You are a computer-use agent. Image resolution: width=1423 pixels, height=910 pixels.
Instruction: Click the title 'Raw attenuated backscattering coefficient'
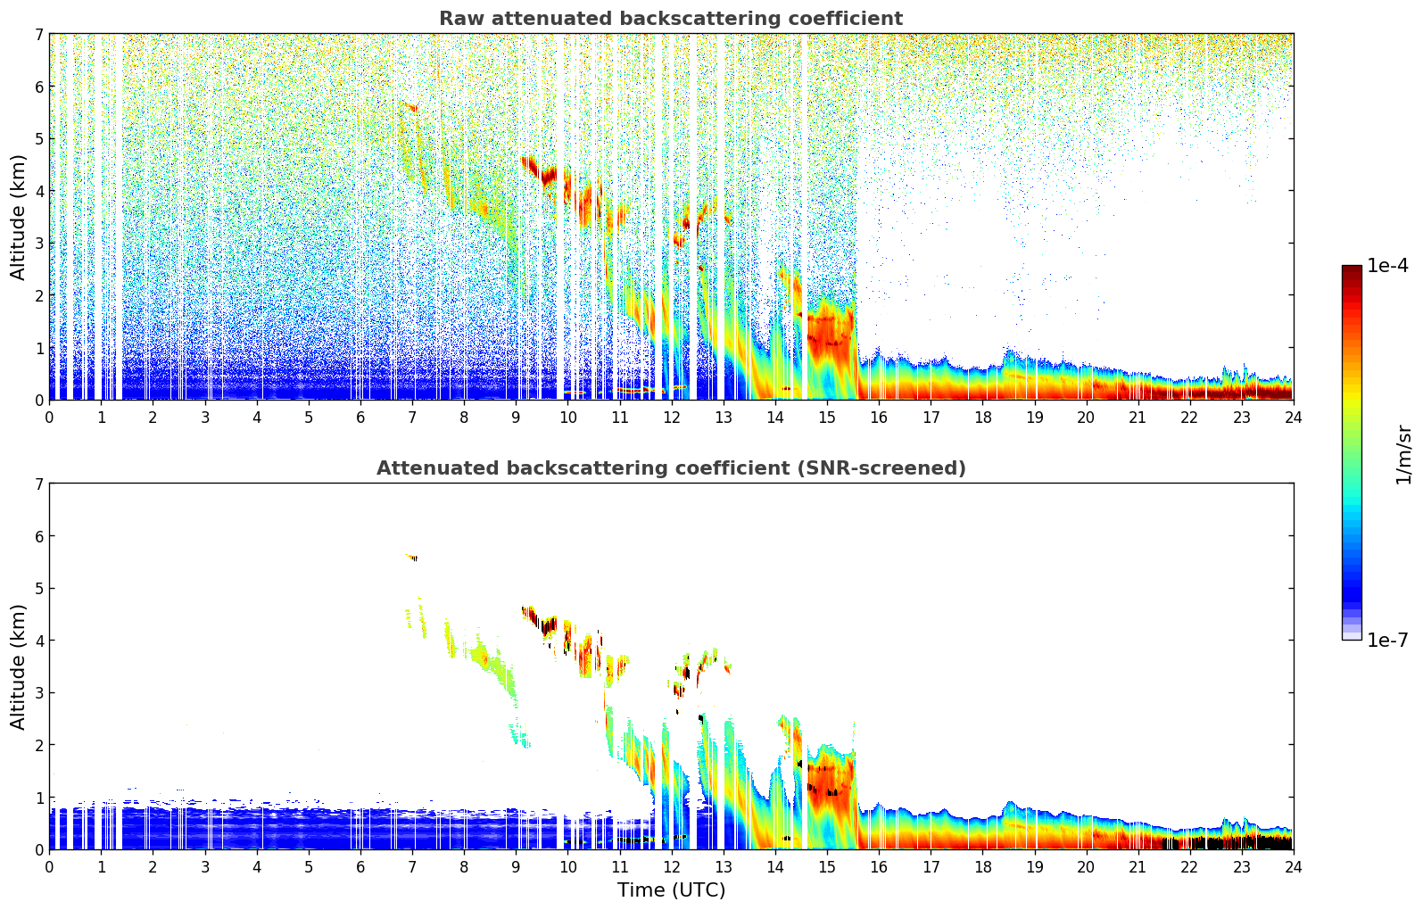click(670, 19)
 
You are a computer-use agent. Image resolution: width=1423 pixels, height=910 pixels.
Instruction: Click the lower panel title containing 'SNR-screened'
click(670, 468)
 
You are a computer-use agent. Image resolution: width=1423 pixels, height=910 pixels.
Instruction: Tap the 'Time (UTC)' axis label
click(671, 890)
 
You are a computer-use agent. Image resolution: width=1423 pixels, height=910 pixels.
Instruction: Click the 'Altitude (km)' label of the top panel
click(19, 217)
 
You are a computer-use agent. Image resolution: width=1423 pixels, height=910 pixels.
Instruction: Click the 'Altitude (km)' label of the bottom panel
click(19, 666)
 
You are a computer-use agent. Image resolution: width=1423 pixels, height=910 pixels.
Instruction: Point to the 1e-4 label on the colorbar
click(1387, 266)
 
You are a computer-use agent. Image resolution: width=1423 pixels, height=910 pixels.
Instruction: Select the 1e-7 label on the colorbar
click(1387, 640)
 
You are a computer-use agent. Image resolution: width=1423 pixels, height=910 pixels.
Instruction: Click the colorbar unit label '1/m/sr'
click(1403, 454)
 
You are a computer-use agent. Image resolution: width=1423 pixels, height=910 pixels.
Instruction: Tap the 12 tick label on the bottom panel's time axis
click(671, 866)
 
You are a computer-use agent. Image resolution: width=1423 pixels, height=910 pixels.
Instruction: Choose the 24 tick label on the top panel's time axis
click(1293, 417)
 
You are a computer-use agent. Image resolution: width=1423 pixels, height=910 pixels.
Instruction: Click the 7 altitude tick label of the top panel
click(38, 34)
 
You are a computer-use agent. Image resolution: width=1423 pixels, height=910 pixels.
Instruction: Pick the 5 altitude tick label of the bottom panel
click(38, 588)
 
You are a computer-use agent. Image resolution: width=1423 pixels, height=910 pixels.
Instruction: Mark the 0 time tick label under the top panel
click(49, 417)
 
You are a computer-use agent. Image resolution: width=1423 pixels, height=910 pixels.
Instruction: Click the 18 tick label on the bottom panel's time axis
click(982, 866)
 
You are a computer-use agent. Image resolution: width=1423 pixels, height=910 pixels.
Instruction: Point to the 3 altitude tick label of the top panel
click(38, 243)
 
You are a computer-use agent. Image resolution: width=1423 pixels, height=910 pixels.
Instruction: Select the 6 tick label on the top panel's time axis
click(360, 417)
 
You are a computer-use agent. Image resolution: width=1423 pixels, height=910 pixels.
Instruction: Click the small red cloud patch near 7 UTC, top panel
click(410, 107)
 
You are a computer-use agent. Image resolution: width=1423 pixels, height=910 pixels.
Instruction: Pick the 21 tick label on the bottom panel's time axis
click(1138, 866)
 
